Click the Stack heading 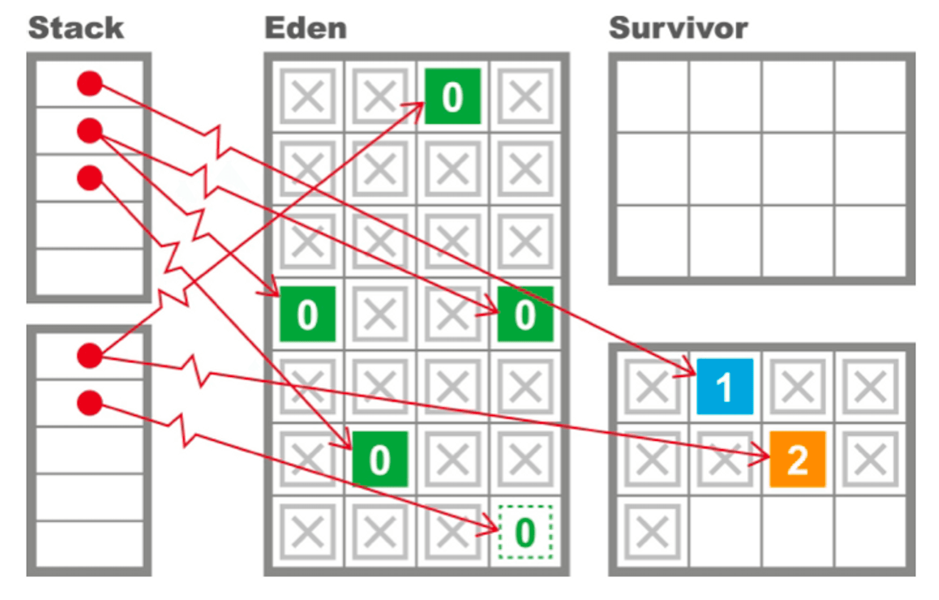76,28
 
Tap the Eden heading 306,28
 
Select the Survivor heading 678,28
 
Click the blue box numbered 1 724,386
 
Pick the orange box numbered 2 797,459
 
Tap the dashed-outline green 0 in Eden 525,532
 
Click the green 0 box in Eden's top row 453,96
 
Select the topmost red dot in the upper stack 90,84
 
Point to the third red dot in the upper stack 90,178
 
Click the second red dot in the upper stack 90,131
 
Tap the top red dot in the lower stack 90,355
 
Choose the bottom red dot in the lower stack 90,403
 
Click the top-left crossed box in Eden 308,96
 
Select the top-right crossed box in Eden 525,96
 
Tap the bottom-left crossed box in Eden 308,532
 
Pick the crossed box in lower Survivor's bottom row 652,532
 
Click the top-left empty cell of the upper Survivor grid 653,96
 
